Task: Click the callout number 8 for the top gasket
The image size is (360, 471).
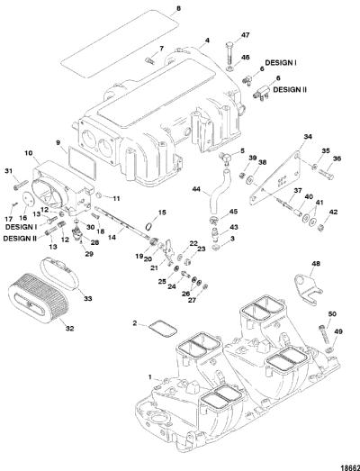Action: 178,9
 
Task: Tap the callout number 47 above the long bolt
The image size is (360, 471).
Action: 246,35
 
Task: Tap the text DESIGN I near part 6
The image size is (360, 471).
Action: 281,63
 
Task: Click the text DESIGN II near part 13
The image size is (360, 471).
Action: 20,239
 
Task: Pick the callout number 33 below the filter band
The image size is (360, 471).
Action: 88,299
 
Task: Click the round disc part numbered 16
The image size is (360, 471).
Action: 29,200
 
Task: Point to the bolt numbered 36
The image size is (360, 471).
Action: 324,174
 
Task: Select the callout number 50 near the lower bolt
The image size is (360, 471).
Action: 332,314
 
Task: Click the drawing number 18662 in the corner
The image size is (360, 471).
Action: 350,467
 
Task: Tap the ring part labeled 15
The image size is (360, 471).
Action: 148,225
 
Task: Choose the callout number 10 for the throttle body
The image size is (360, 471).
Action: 29,153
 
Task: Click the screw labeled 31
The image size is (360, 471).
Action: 21,185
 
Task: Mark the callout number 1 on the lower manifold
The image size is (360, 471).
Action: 150,377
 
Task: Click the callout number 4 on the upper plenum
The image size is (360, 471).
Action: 207,40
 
